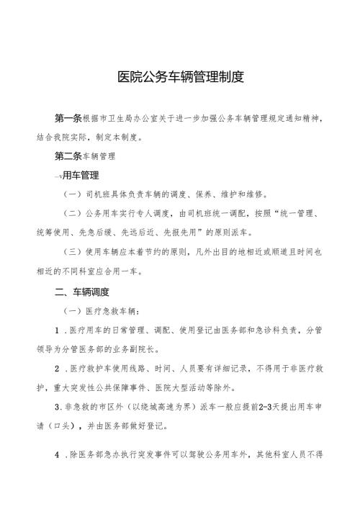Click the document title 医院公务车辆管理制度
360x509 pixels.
pyautogui.click(x=180, y=77)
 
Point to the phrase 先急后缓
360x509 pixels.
pyautogui.click(x=135, y=233)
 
